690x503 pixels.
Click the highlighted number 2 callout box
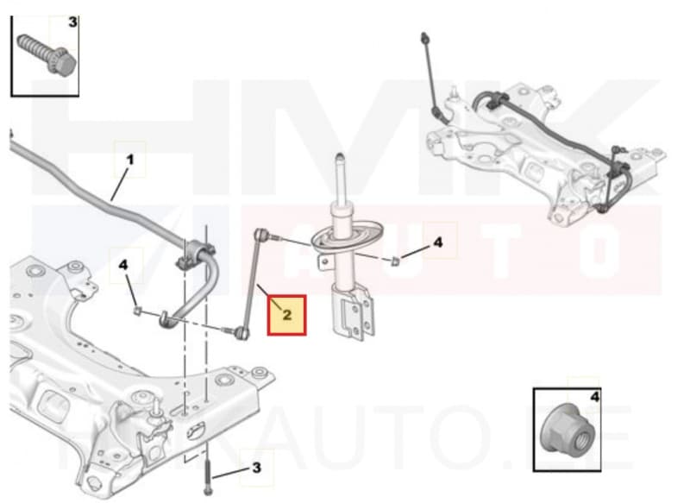coord(287,315)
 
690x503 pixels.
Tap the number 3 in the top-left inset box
coord(72,22)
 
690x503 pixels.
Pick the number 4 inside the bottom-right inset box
coord(594,398)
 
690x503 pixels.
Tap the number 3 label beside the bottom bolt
coord(256,468)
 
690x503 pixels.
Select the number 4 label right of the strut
coord(437,243)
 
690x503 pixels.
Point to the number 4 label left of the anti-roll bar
coord(124,265)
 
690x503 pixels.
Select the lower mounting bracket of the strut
coord(354,315)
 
